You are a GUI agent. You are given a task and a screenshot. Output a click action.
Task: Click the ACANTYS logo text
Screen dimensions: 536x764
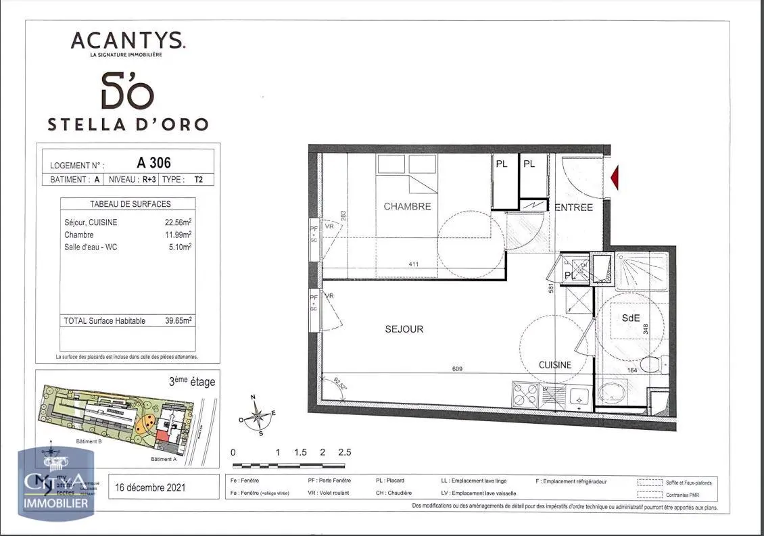point(128,41)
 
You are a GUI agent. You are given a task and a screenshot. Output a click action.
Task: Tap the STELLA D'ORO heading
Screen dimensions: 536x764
point(128,124)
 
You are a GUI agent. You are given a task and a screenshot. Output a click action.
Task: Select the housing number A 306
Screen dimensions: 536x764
point(153,163)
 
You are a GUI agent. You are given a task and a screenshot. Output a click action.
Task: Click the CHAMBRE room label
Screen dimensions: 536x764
point(407,206)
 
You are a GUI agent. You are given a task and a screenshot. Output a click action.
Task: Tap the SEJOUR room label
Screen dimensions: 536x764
point(404,329)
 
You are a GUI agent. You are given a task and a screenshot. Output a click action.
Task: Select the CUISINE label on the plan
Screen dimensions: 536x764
point(554,365)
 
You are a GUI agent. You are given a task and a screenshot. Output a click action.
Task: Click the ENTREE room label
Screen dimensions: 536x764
point(573,208)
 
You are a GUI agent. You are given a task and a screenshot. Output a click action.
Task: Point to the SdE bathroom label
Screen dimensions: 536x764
point(631,318)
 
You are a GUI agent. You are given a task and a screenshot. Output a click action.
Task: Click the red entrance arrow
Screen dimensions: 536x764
point(616,178)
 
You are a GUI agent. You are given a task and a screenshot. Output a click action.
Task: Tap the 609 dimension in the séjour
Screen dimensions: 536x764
point(458,369)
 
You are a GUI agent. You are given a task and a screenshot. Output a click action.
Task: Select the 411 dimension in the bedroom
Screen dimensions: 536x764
point(414,264)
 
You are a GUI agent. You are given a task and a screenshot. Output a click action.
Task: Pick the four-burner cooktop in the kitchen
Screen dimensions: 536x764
point(525,395)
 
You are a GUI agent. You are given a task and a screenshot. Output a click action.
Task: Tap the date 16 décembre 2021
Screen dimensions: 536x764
point(149,487)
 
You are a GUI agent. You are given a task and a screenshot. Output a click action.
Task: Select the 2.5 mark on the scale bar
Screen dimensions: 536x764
point(345,452)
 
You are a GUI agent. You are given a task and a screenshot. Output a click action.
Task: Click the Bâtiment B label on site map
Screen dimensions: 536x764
point(89,441)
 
